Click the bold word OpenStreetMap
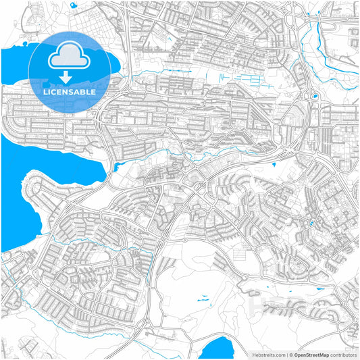point(315,354)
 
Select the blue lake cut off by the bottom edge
point(217,348)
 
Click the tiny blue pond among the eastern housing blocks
point(311,223)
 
